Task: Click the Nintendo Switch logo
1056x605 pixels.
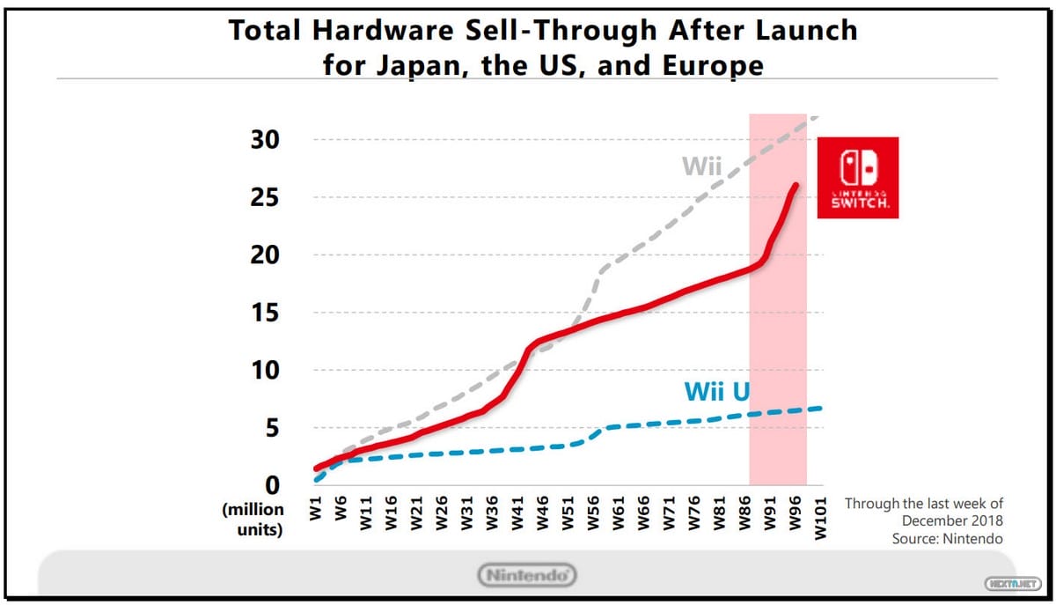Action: click(857, 178)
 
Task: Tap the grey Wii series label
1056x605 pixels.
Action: click(700, 166)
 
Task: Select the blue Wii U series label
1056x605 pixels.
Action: click(716, 391)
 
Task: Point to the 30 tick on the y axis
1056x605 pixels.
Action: click(262, 140)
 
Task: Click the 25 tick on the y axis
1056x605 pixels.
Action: click(262, 197)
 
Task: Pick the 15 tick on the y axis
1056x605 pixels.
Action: click(262, 313)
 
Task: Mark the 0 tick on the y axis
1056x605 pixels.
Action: click(270, 485)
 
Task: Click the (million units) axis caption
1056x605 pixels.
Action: click(253, 520)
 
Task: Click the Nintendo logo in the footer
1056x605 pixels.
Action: click(528, 575)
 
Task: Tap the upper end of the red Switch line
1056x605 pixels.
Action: click(796, 185)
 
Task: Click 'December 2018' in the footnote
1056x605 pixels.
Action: click(953, 520)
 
